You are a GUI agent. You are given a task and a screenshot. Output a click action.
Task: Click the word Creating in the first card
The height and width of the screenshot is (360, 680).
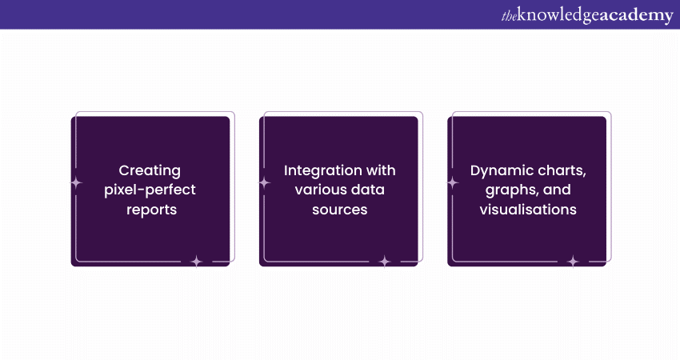[x=150, y=171]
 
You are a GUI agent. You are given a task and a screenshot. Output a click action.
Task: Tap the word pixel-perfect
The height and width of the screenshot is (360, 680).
[x=150, y=190]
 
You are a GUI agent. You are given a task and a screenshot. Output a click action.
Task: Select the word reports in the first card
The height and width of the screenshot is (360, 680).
[x=151, y=210]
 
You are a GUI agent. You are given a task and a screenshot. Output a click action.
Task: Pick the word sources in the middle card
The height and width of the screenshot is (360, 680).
[x=339, y=210]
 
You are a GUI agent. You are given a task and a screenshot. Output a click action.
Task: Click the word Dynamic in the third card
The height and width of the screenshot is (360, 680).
[x=497, y=171]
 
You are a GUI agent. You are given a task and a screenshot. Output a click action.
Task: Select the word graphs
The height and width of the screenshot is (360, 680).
[x=508, y=190]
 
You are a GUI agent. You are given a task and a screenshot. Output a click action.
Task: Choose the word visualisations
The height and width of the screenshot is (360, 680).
[x=528, y=210]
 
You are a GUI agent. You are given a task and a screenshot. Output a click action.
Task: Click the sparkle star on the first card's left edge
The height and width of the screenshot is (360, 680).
[x=76, y=183]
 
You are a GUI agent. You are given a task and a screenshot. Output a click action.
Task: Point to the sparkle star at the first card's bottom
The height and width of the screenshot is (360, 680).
[x=197, y=262]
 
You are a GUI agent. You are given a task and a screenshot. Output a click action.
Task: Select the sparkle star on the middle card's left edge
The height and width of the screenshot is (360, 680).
[x=265, y=183]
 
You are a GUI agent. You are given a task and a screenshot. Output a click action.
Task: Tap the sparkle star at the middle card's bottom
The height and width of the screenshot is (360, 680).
[x=385, y=262]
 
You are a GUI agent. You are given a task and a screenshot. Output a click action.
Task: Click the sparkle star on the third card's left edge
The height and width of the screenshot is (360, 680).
[x=453, y=183]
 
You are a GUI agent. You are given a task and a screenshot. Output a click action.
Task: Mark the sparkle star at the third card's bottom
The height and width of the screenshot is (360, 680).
[x=573, y=262]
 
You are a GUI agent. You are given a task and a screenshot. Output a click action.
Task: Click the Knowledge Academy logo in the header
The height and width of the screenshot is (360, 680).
[x=587, y=15]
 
